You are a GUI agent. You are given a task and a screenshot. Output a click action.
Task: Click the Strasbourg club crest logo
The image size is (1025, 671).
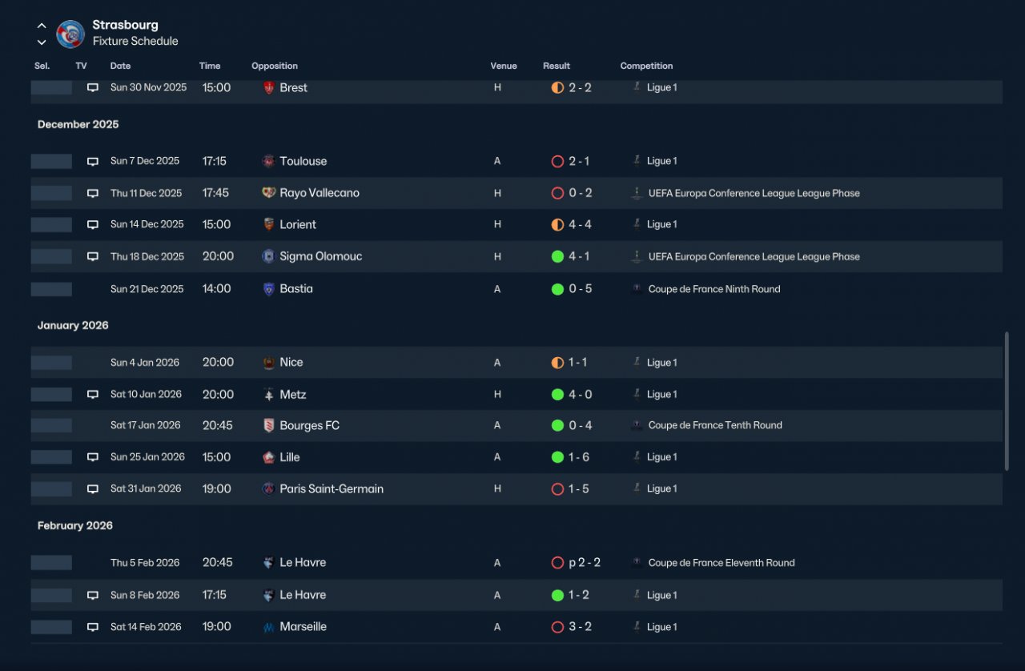[x=70, y=34]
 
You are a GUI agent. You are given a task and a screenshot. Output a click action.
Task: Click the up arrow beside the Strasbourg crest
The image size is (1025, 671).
[x=42, y=26]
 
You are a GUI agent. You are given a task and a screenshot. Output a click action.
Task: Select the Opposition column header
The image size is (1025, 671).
[x=275, y=66]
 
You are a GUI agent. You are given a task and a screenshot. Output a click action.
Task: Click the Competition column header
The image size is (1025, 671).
[x=646, y=66]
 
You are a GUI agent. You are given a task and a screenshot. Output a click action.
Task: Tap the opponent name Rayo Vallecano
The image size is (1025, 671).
[x=320, y=193]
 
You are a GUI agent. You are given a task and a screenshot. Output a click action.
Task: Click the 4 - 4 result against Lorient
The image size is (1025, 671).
[x=580, y=224]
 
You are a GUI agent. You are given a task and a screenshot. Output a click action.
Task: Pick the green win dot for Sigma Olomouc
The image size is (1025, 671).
[x=557, y=256]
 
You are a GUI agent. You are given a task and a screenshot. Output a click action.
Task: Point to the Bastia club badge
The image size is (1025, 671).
[x=268, y=289]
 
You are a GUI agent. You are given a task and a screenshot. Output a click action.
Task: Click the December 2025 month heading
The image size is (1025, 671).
[x=78, y=124]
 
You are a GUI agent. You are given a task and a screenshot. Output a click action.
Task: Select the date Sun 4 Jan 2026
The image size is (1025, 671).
[x=145, y=363]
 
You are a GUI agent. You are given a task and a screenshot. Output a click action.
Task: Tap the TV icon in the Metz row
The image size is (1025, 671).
[x=92, y=394]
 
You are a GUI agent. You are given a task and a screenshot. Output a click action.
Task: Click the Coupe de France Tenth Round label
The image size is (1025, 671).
[x=715, y=425]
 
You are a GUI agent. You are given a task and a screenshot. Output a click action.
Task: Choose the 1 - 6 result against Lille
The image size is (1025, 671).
[x=578, y=456]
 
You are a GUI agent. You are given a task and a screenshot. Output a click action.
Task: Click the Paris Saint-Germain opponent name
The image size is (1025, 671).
[x=332, y=488]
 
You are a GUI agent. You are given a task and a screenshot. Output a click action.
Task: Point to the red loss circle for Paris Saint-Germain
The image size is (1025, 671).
[x=557, y=488]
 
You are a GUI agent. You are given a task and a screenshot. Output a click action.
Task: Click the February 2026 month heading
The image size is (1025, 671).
[x=75, y=525]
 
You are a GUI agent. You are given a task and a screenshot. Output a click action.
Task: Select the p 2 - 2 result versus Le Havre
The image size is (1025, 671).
[x=585, y=563]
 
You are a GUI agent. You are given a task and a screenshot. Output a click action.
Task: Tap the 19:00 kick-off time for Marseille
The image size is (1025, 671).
[x=216, y=627]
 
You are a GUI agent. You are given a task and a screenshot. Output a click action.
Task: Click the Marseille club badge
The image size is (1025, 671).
[x=268, y=627]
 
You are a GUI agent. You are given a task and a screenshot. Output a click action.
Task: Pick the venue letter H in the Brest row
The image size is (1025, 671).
[x=497, y=87]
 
